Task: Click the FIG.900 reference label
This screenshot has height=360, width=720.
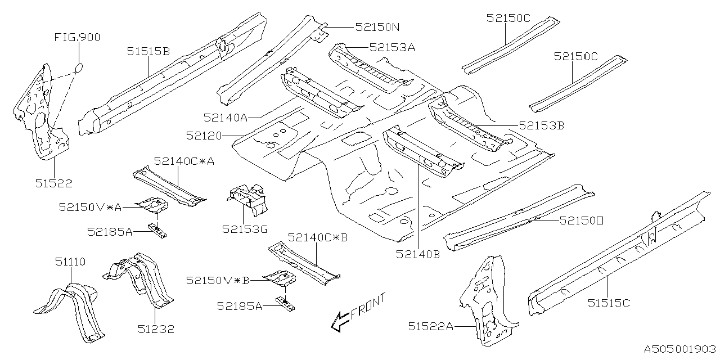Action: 77,38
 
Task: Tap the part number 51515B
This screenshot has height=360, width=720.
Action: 148,52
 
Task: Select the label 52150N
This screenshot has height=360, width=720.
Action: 377,26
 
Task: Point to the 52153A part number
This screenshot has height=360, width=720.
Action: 392,48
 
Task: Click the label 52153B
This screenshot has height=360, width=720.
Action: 541,126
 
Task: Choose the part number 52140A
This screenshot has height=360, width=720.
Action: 226,117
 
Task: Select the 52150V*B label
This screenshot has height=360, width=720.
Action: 217,280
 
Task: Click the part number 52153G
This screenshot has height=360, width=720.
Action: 245,229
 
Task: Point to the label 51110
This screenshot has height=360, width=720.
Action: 70,262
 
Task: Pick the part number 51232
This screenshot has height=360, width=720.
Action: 156,330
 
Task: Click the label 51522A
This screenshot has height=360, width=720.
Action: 431,326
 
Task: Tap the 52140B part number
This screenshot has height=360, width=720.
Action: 417,254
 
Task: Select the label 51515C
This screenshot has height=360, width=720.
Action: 609,303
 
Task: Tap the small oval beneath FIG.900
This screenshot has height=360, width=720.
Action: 79,68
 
